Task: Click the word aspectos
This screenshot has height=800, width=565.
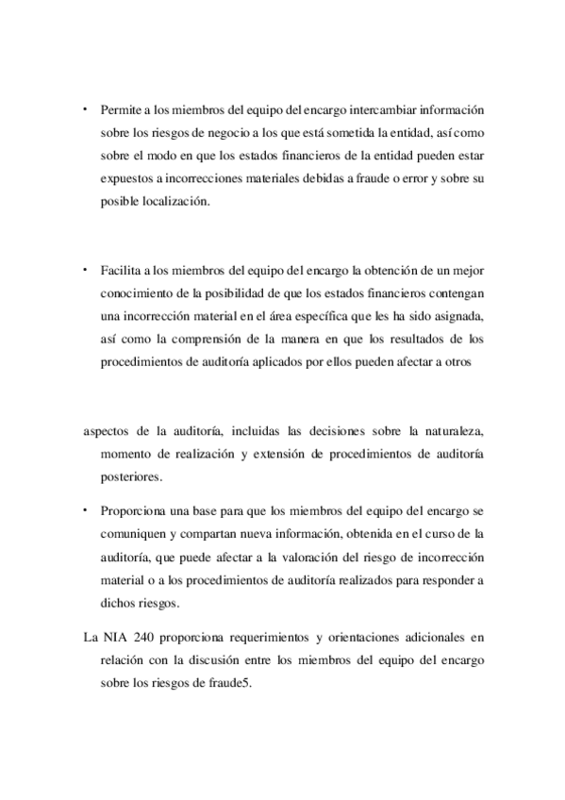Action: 108,431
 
